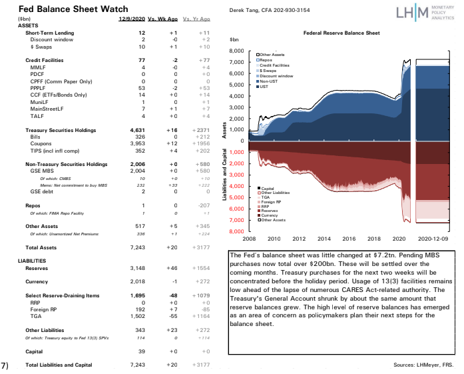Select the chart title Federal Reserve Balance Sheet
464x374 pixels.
(341, 32)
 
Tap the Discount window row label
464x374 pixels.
(48, 39)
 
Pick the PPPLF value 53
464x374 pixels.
(142, 87)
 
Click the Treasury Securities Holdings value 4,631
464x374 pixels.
(138, 129)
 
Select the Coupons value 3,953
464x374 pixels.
(138, 143)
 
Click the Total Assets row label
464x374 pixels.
(42, 247)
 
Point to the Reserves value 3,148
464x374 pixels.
(138, 269)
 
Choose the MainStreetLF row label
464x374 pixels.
(48, 108)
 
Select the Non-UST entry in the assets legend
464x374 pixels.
(270, 81)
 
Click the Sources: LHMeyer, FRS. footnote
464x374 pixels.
(423, 365)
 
